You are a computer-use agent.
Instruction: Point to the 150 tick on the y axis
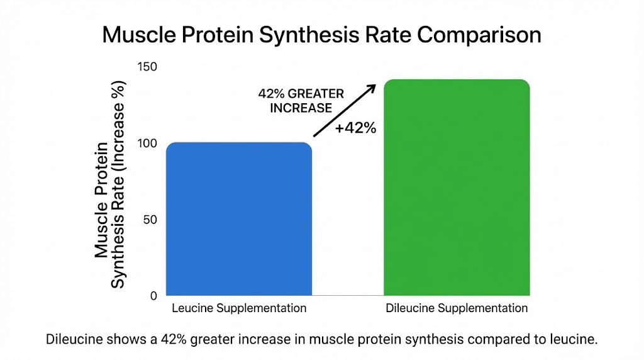point(148,67)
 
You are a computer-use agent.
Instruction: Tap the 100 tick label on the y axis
point(148,143)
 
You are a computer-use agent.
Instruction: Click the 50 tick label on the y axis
point(152,220)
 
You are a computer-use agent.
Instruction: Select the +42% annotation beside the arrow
point(355,128)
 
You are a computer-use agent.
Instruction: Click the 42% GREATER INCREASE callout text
point(301,101)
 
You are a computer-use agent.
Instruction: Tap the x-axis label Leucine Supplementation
point(239,308)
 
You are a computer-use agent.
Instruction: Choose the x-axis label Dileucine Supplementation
point(457,308)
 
